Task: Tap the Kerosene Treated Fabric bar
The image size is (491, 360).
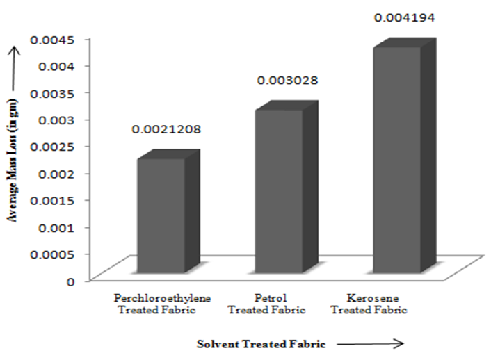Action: tap(397, 159)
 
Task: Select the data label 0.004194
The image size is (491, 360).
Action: tap(404, 17)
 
